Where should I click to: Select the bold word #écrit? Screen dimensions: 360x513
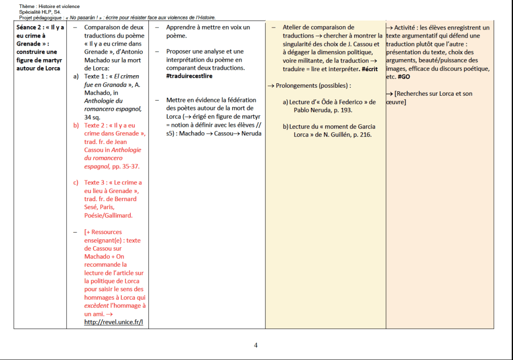pos(370,69)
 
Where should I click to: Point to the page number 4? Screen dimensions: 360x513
pos(256,345)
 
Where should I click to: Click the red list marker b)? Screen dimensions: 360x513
pos(76,125)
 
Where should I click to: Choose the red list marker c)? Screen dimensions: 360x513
pos(76,183)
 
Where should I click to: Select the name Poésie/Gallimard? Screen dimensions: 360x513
pos(108,215)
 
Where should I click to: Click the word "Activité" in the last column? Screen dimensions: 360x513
pos(409,28)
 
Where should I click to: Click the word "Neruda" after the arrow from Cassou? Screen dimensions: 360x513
pos(251,133)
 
